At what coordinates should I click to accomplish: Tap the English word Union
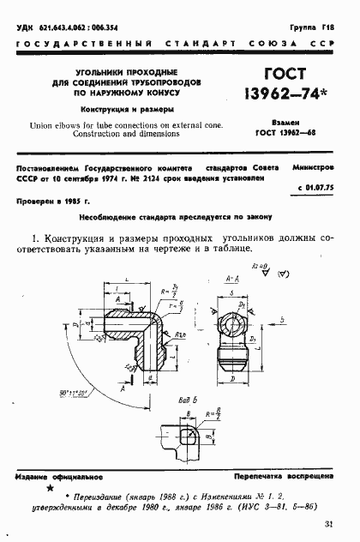click(x=43, y=125)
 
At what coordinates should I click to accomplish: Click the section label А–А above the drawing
click(x=230, y=280)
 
